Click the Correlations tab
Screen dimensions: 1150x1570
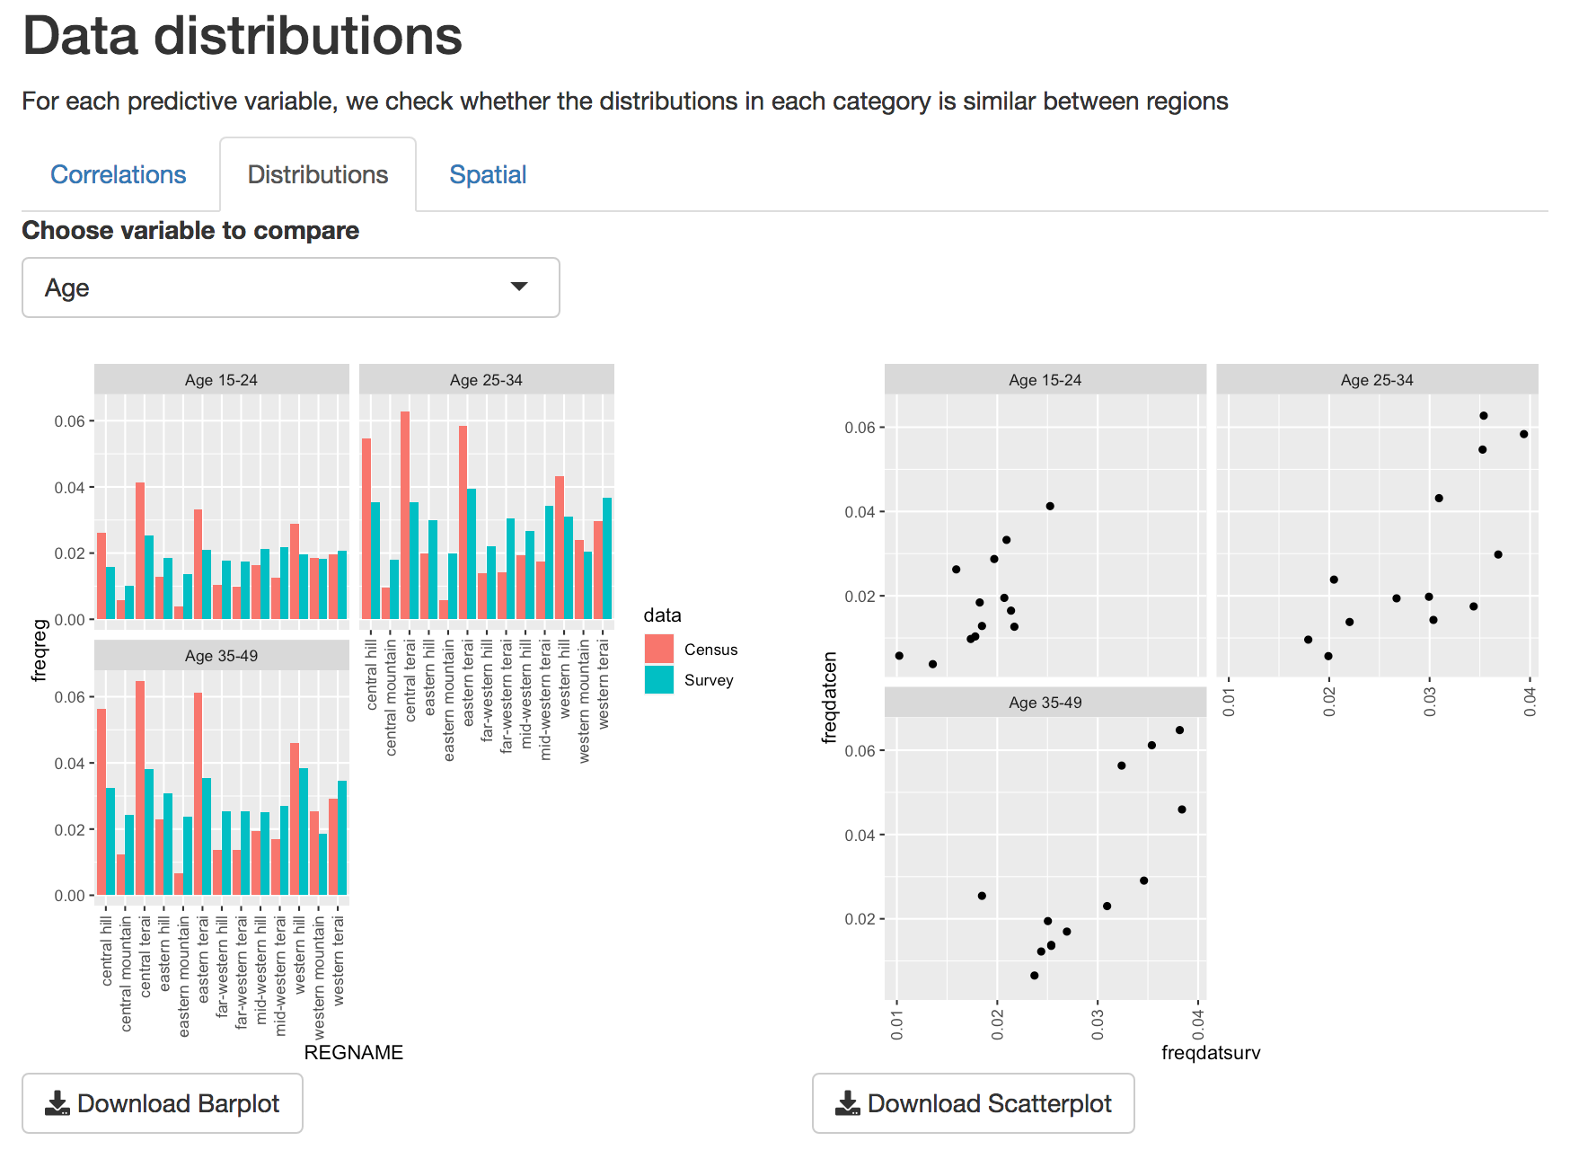118,174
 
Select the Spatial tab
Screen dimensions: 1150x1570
488,174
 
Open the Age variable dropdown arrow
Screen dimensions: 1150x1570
519,287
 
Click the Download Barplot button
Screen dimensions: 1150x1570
163,1103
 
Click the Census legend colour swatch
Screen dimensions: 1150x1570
659,649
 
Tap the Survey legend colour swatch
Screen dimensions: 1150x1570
659,679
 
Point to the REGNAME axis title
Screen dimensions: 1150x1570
353,1052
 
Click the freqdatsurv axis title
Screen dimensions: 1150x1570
1211,1052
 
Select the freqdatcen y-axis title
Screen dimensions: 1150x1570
830,697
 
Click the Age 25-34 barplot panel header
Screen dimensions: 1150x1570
486,380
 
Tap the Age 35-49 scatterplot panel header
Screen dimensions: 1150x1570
1045,703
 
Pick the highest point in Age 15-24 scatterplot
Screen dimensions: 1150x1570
1050,506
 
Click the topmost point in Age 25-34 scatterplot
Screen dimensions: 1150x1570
1484,416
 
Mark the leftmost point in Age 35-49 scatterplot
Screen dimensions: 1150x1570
982,896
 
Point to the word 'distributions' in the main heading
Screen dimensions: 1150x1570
307,37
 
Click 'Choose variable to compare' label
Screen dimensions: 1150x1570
190,231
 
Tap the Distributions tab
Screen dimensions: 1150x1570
318,174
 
